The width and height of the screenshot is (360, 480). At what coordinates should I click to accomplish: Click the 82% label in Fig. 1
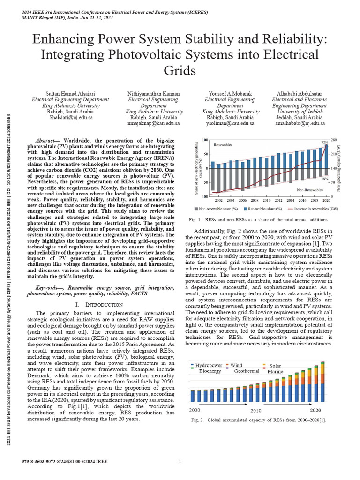coord(324,142)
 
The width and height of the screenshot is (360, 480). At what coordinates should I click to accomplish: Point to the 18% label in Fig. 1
coord(324,179)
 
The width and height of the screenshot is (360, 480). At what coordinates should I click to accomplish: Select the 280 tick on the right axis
coord(334,140)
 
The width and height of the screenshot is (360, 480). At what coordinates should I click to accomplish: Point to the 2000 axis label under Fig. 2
coord(195,410)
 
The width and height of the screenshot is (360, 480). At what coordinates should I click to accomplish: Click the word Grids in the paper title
coord(180,71)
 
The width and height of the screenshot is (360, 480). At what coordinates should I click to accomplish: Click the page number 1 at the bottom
coord(180,462)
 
